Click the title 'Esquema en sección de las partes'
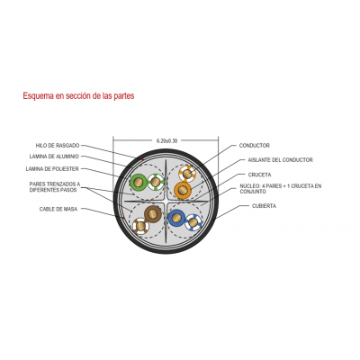78,95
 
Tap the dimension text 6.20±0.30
166,140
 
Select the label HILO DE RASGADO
58,146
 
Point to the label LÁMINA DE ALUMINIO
54,157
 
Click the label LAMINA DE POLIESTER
52,169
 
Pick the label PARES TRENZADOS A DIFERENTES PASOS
55,187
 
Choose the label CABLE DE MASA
58,209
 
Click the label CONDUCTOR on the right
255,146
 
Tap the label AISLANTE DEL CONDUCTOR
280,160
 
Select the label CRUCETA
259,175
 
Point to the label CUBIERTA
264,206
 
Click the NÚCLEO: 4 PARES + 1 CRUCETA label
281,189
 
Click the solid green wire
139,182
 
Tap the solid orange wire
183,190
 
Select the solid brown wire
153,214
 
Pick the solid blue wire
176,218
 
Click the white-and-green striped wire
156,182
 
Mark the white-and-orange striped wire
187,174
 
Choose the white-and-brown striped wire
140,226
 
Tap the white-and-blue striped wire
193,222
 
